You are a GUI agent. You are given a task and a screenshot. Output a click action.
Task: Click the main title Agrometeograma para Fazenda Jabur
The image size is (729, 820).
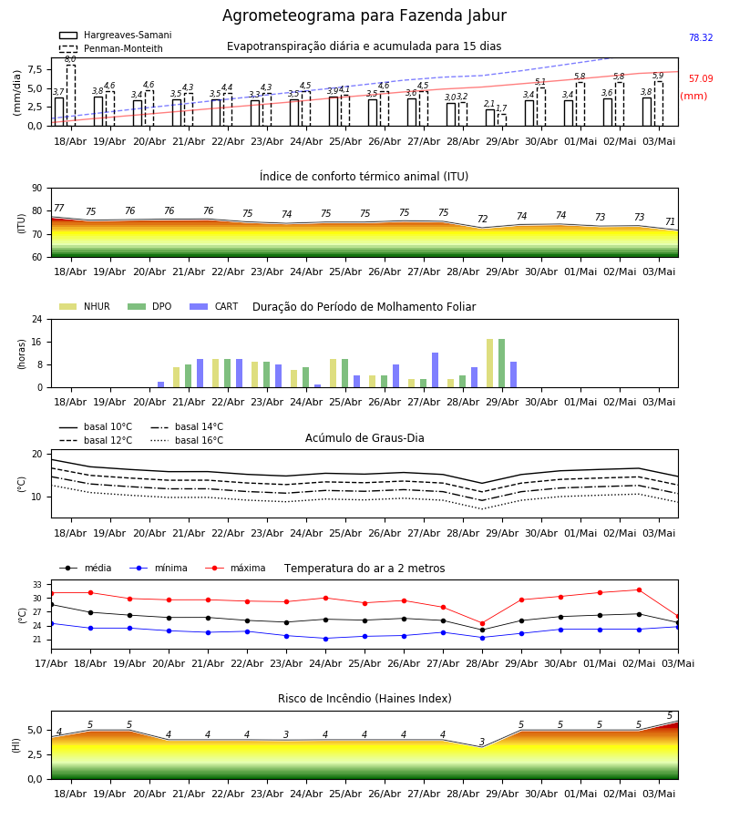(x=364, y=15)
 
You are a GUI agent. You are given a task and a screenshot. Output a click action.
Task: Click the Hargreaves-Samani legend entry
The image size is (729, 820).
(x=115, y=35)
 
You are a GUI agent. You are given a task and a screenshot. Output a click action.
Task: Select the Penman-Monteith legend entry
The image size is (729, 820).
(x=111, y=48)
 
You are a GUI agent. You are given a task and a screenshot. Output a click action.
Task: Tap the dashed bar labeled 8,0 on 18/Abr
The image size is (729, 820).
(x=70, y=95)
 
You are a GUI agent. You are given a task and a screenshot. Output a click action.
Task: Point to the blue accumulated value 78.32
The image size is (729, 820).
(x=701, y=37)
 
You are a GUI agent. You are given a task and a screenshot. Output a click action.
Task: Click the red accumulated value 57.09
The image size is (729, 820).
(x=701, y=78)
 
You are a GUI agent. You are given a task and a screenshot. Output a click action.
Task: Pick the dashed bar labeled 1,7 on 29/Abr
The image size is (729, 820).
(x=502, y=119)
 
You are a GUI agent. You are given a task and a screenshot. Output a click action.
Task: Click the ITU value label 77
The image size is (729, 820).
(x=59, y=208)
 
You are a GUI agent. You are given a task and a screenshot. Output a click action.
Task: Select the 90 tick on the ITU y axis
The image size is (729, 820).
(x=37, y=189)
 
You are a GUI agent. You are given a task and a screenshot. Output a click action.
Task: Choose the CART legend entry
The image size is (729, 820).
(x=214, y=306)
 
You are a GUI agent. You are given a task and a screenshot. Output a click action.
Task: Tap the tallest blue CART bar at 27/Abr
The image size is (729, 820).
(x=435, y=370)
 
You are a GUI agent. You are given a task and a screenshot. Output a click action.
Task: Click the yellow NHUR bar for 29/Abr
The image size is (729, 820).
(x=490, y=364)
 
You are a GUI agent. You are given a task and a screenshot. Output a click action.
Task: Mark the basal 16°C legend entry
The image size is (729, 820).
(x=187, y=440)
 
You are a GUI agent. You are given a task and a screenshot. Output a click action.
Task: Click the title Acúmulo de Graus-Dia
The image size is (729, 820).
(x=364, y=438)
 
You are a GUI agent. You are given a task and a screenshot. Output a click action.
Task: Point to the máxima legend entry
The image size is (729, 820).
(x=235, y=568)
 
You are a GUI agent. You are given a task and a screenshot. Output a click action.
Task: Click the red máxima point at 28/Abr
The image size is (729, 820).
(x=482, y=623)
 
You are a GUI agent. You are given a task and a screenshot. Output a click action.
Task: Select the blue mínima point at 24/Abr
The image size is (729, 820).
(x=326, y=639)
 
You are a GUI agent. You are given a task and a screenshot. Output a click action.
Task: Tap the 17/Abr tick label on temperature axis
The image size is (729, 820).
(x=51, y=663)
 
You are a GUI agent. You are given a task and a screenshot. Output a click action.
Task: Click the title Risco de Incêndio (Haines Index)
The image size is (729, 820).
(x=364, y=699)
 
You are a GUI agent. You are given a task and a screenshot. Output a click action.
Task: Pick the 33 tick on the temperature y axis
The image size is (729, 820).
(x=37, y=584)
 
